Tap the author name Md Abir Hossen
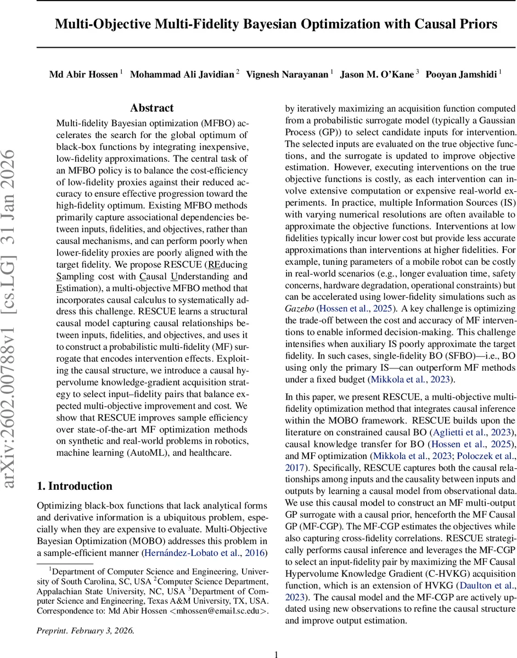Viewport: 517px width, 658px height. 83,75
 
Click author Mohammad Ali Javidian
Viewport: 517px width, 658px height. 182,75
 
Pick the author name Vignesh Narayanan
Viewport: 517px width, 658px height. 287,75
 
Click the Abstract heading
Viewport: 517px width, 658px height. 151,108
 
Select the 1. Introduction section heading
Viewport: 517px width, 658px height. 74,486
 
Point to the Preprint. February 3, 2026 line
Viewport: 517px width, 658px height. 85,630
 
